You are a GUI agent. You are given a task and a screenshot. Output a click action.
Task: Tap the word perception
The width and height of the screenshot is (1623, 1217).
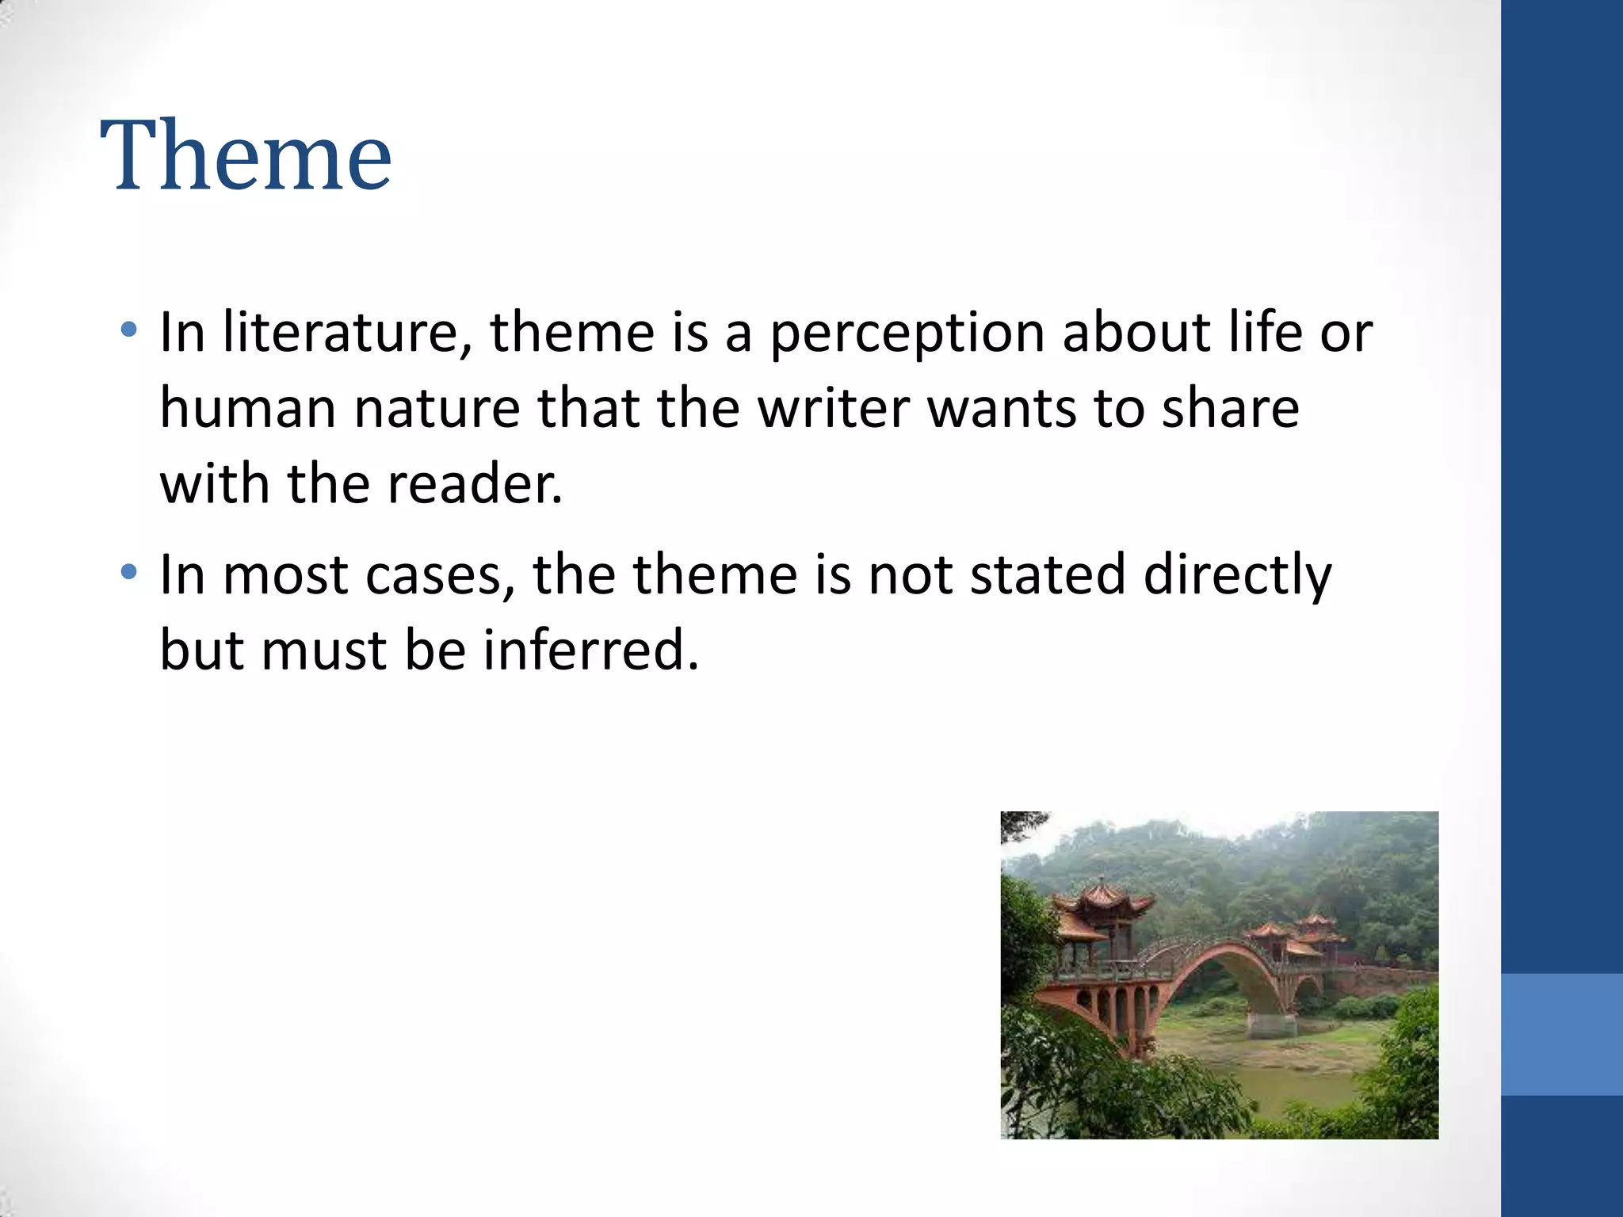(906, 334)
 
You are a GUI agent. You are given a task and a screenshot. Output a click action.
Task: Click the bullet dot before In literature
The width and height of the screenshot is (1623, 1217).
(129, 329)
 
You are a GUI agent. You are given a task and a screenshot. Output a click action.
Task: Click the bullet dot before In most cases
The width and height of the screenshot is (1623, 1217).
(129, 571)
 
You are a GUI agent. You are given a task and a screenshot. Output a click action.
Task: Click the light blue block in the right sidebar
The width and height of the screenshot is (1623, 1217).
(1561, 1034)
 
